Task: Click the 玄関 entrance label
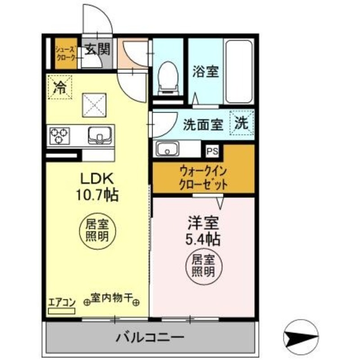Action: (97, 48)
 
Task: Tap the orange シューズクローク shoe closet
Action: (65, 55)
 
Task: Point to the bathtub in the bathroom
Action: (239, 71)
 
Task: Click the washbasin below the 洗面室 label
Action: (167, 148)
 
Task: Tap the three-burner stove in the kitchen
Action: (60, 135)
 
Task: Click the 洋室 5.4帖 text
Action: (203, 231)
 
